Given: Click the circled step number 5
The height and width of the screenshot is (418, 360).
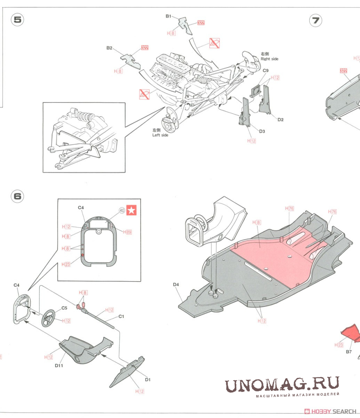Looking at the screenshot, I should click(17, 20).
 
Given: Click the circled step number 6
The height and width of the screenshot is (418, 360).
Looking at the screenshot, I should click(17, 196).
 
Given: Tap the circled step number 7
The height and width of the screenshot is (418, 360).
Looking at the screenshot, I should click(315, 20).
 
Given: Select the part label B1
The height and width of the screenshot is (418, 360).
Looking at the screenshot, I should click(168, 16).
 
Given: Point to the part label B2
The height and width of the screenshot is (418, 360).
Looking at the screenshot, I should click(109, 48).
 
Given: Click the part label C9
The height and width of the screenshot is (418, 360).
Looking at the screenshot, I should click(265, 70).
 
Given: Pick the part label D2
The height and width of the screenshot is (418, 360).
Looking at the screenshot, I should click(281, 120).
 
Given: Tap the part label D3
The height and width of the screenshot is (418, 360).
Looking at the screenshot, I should click(262, 131).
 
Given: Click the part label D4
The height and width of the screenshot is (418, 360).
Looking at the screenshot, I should click(176, 284).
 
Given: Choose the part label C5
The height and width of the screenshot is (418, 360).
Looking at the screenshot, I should click(64, 308).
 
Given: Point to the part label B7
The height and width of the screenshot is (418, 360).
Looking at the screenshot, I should click(349, 352).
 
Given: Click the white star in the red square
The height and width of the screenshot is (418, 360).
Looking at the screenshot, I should click(132, 210).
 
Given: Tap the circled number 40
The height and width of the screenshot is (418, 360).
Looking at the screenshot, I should click(122, 210).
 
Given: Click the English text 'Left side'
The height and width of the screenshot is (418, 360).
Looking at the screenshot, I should click(161, 135).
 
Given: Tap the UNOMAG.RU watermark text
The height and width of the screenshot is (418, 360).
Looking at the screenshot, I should click(282, 385).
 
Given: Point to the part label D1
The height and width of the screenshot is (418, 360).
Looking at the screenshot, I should click(148, 379).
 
